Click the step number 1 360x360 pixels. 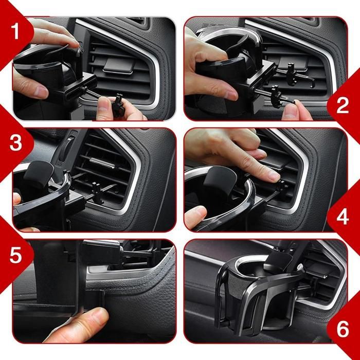(x=15, y=31)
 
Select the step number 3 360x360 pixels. (x=15, y=142)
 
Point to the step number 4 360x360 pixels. (x=343, y=217)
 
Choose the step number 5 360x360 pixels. (x=15, y=255)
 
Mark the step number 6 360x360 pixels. (x=343, y=329)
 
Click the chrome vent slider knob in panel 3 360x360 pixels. (x=102, y=163)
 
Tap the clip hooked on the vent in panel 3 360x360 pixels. (x=97, y=192)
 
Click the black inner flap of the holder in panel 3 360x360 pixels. (x=39, y=174)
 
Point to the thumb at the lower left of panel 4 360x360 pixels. (x=195, y=217)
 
